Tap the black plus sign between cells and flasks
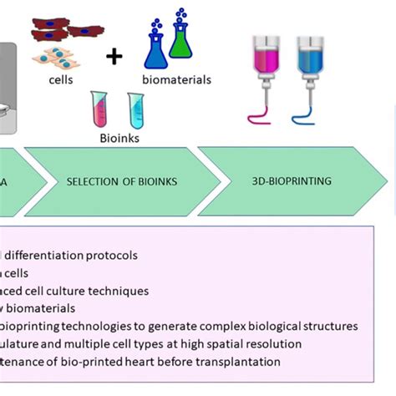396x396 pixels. (114, 56)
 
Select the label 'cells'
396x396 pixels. (62, 80)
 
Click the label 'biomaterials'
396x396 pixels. (177, 81)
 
